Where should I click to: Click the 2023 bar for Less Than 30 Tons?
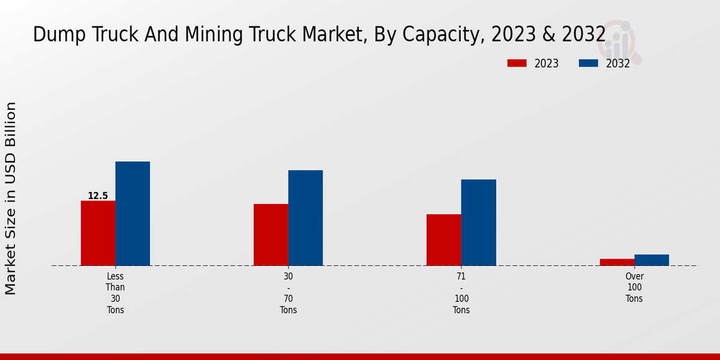tap(98, 233)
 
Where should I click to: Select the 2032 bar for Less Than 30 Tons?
tap(133, 213)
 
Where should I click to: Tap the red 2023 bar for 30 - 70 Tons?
tap(271, 235)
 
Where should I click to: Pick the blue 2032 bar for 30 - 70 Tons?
tap(305, 218)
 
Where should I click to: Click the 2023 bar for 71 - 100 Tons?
tap(444, 240)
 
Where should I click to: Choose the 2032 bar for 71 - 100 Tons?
tap(479, 222)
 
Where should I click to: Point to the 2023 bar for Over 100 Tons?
tap(617, 262)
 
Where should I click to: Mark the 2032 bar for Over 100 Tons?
tap(652, 260)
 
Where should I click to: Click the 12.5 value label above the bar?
tap(98, 196)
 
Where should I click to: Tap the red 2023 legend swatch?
tap(517, 64)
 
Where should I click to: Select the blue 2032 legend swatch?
tap(588, 64)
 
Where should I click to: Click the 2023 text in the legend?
tap(546, 64)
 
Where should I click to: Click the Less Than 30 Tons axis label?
tap(115, 293)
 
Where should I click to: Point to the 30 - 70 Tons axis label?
tap(288, 293)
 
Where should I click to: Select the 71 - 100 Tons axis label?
tap(461, 293)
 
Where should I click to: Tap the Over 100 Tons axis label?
tap(634, 287)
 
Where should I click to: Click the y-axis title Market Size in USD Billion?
tap(11, 198)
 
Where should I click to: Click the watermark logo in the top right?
tap(620, 41)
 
